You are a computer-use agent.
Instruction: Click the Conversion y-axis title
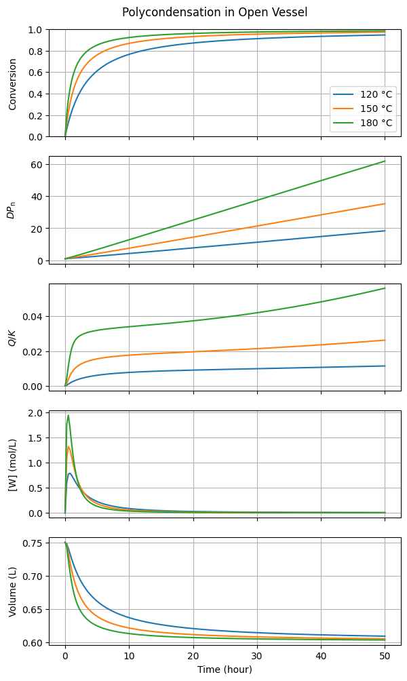tap(12, 83)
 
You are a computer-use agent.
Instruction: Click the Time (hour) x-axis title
tap(225, 669)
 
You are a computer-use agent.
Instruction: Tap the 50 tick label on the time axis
tap(385, 657)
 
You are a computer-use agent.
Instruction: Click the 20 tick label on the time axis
tap(193, 657)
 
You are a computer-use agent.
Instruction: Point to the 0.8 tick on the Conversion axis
tap(35, 52)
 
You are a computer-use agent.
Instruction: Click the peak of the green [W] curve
tap(68, 415)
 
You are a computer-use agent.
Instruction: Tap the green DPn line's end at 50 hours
tap(385, 161)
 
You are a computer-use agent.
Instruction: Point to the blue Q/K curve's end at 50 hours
tap(385, 366)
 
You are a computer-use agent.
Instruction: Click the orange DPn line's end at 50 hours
tap(385, 203)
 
